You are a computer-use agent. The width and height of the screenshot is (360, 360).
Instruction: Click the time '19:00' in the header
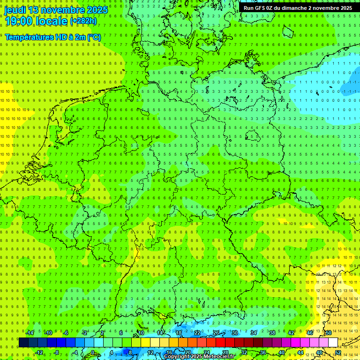point(18,21)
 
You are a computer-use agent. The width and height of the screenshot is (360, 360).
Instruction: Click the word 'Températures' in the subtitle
point(29,37)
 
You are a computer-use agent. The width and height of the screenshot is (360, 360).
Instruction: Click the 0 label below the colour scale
point(93,352)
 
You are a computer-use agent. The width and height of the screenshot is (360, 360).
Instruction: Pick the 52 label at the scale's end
point(338,352)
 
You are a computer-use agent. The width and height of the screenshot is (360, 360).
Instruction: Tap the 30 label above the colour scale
point(234,333)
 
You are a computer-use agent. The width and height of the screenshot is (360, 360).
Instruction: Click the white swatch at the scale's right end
point(333,342)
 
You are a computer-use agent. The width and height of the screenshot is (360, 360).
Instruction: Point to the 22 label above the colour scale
point(197,333)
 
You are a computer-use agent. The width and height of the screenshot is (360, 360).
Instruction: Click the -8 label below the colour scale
point(57,352)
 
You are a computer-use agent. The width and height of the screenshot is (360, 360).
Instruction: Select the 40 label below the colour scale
point(281,352)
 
